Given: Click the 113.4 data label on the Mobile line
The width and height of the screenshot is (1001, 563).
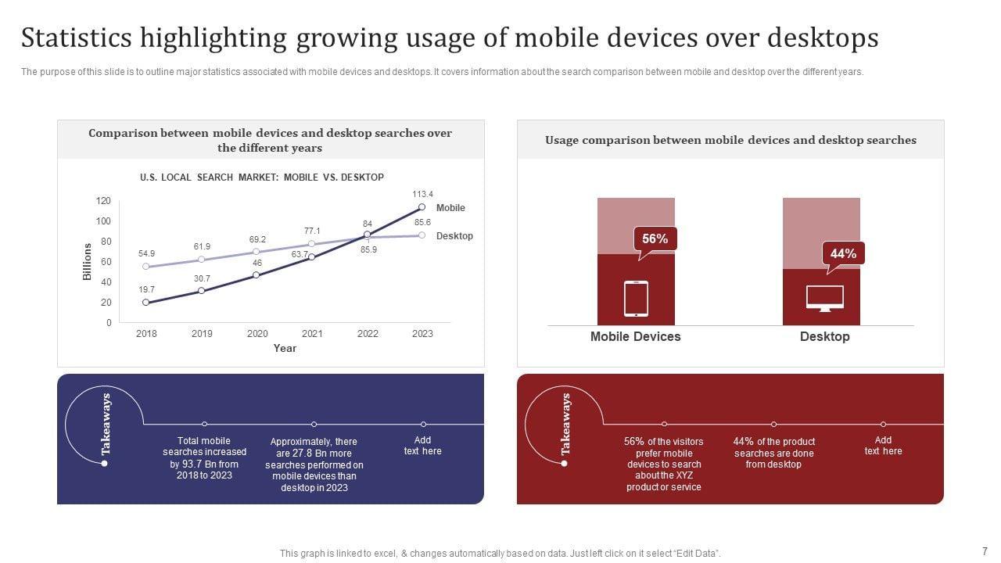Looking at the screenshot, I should (422, 194).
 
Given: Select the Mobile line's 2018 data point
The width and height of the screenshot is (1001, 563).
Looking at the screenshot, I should (146, 303).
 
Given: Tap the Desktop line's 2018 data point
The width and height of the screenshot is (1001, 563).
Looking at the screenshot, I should (146, 267).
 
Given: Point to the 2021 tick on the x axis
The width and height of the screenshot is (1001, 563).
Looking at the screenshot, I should (312, 334).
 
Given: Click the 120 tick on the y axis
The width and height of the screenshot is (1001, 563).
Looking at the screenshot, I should (103, 201).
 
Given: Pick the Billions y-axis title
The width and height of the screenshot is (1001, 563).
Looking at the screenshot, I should (87, 262).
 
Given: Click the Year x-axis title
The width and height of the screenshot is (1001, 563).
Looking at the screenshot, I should (285, 349).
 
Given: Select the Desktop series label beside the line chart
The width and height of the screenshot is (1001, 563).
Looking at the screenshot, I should (454, 236).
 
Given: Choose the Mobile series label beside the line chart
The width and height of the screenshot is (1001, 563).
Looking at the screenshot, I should (450, 208).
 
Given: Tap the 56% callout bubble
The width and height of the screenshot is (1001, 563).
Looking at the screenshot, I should (655, 239).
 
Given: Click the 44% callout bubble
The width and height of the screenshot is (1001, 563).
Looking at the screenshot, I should (843, 254).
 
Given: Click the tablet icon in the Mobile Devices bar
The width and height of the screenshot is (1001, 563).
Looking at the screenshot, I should (636, 299).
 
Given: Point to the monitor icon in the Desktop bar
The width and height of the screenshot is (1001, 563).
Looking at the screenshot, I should (824, 299).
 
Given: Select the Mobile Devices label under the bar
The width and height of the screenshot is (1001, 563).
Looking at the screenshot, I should (635, 337).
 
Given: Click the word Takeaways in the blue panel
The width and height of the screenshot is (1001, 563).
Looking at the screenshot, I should (106, 425).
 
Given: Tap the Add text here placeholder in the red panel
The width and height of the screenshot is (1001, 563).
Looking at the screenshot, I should (883, 446).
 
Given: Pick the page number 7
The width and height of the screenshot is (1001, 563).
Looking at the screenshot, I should (985, 551).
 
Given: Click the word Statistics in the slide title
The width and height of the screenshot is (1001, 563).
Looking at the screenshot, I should (75, 38).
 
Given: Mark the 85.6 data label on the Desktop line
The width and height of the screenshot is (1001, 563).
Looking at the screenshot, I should (422, 222).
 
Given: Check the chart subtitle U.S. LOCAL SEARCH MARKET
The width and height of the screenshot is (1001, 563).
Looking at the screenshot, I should (262, 178).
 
